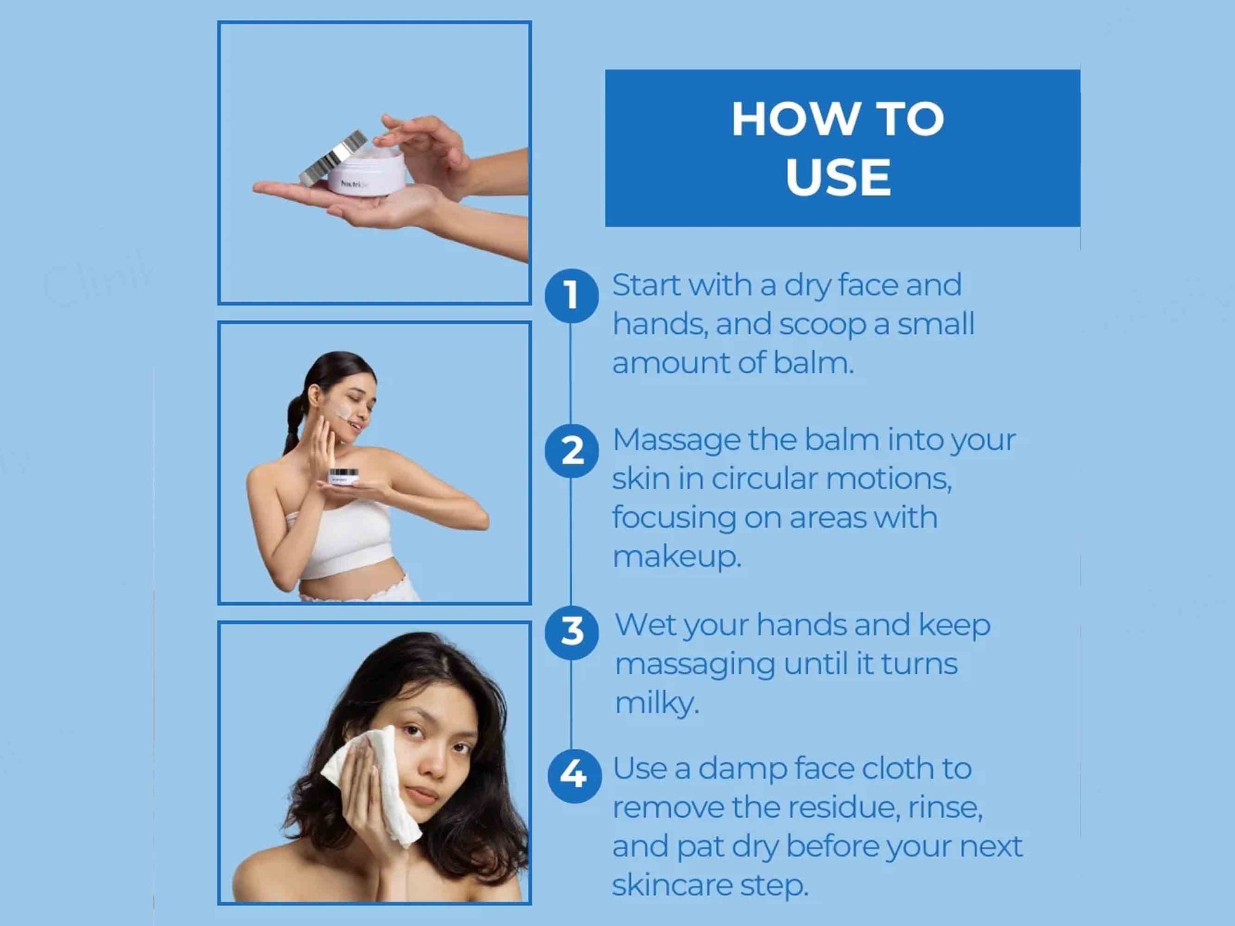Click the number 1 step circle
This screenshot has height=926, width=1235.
point(571,296)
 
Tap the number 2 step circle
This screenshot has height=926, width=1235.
point(571,451)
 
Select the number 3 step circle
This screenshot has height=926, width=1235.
point(571,633)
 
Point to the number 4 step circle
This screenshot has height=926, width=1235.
point(574,776)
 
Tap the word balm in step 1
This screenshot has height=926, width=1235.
point(814,363)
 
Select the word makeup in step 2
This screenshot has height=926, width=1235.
point(677,557)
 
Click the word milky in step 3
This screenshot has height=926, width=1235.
point(657,703)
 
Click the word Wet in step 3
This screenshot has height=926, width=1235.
point(645,625)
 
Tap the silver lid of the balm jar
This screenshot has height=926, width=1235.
point(333,159)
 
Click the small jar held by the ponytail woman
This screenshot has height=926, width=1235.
point(343,477)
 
